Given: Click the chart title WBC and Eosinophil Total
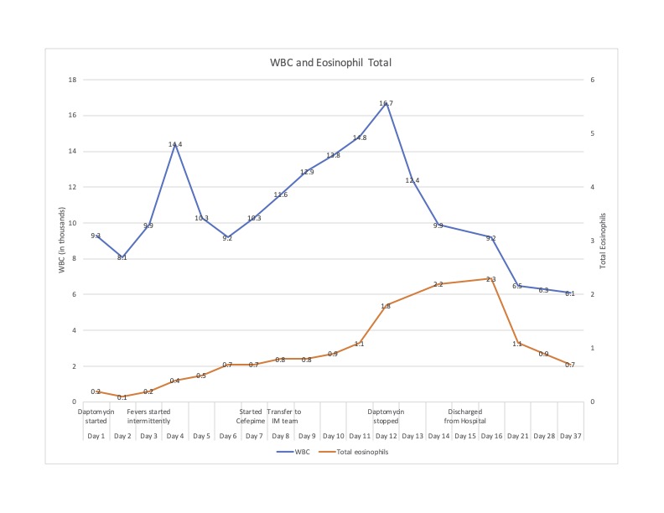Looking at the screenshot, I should coord(330,63).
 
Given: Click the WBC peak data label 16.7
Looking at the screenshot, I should coord(386,104).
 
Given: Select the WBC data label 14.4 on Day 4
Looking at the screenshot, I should coord(175,145).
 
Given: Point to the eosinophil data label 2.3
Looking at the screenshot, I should coord(490,279).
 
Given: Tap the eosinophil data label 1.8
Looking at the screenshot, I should coord(386,307).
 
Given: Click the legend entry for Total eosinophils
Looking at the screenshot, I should coord(359,452).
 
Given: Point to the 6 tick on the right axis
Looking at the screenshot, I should coord(593,80).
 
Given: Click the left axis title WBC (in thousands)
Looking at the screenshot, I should coord(61,241).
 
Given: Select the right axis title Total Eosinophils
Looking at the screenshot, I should coord(603,241).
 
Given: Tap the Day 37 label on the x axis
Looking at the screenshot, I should coord(570,437).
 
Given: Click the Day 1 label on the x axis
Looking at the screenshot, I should coord(96,437).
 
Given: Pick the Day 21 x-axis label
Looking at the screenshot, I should coord(517,437).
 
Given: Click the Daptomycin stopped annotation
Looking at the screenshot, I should coord(386,417).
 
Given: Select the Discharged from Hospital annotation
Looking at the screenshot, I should coord(465,417).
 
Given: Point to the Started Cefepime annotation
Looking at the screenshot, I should coord(251,417).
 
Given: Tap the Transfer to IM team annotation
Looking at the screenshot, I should coord(283,417).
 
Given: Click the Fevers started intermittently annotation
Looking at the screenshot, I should coord(149,417).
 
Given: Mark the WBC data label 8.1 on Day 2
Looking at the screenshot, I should coord(122,257).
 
